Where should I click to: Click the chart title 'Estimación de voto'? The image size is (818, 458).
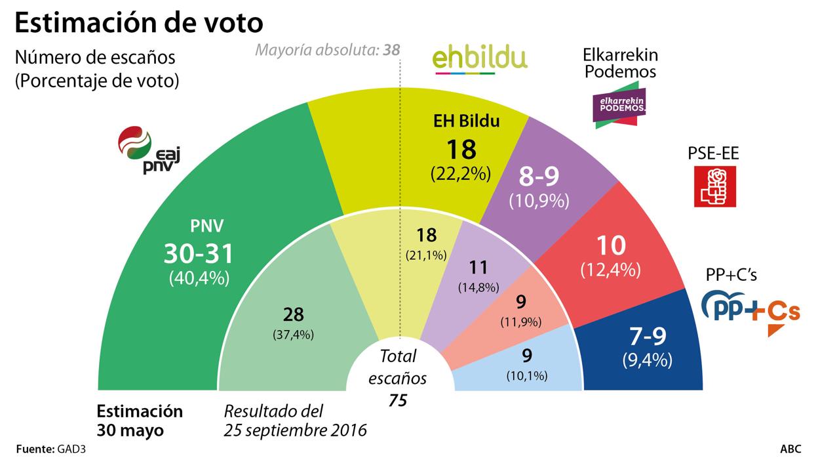pos(139,23)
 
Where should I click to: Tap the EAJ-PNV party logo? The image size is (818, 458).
pos(147,150)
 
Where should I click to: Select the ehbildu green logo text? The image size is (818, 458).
pos(480,57)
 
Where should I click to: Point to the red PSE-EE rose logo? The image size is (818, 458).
pos(714,186)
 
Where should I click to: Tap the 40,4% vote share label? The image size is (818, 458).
pos(207,278)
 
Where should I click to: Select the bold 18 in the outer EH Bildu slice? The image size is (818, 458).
pos(460,150)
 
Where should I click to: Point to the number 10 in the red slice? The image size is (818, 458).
pos(610,245)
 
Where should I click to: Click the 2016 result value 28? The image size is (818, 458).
pos(293,315)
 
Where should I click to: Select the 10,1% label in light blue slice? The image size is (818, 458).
pos(527,376)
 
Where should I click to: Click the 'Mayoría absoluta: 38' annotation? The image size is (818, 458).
pos(327,50)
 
